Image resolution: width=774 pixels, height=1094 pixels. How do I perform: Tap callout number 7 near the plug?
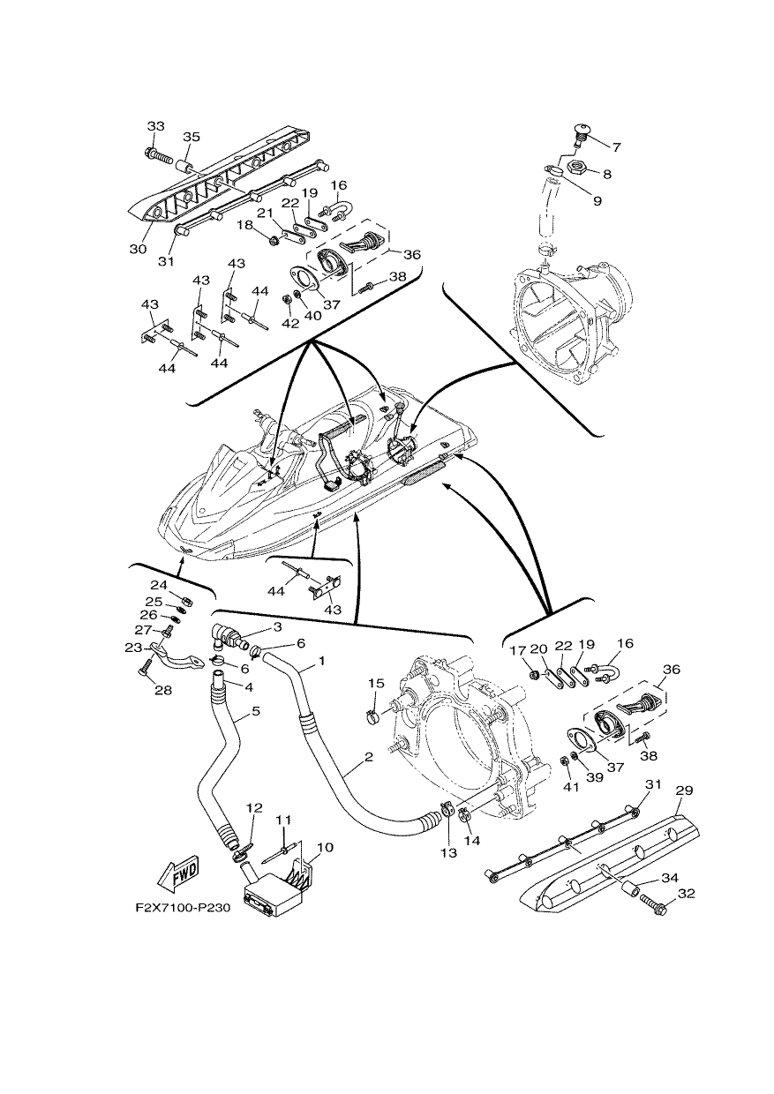pyautogui.click(x=616, y=146)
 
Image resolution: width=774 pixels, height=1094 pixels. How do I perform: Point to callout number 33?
pyautogui.click(x=156, y=126)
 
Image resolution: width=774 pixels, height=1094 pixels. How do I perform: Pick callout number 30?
pyautogui.click(x=138, y=249)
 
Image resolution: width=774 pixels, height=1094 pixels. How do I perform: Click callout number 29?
pyautogui.click(x=685, y=791)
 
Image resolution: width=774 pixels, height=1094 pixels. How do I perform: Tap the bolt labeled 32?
pyautogui.click(x=653, y=897)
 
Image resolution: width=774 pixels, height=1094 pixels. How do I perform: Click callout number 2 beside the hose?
pyautogui.click(x=368, y=758)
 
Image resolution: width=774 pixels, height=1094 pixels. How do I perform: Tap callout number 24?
pyautogui.click(x=158, y=585)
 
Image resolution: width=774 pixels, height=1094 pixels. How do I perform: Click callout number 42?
pyautogui.click(x=291, y=324)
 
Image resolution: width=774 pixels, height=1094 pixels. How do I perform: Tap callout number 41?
pyautogui.click(x=571, y=787)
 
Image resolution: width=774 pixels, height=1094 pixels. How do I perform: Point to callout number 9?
pyautogui.click(x=597, y=201)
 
